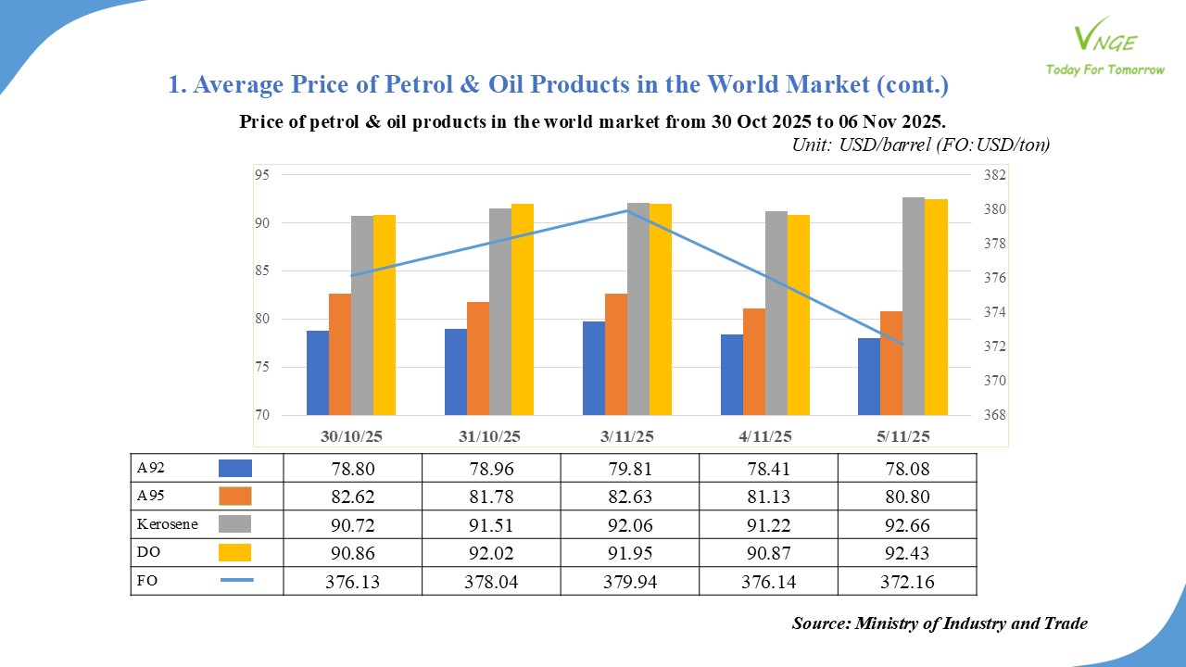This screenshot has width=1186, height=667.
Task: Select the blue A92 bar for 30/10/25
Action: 318,372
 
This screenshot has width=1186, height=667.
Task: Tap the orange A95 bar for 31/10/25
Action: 478,359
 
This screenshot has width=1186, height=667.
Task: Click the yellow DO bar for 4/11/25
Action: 799,315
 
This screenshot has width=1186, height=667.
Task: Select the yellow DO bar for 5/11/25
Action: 936,307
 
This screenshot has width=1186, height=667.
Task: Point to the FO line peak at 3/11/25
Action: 628,210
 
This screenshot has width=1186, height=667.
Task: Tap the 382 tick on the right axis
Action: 995,175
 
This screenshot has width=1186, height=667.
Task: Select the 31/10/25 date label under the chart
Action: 489,435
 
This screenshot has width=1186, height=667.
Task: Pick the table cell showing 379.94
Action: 628,581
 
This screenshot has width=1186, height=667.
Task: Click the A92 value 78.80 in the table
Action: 352,469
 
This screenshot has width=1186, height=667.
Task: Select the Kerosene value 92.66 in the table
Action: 906,524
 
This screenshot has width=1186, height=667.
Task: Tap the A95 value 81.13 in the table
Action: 767,497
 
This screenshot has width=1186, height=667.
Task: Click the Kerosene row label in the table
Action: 168,524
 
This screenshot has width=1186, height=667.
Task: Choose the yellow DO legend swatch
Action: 235,553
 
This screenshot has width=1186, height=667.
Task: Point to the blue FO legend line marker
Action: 236,581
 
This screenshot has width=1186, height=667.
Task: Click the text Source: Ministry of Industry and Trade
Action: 940,623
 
